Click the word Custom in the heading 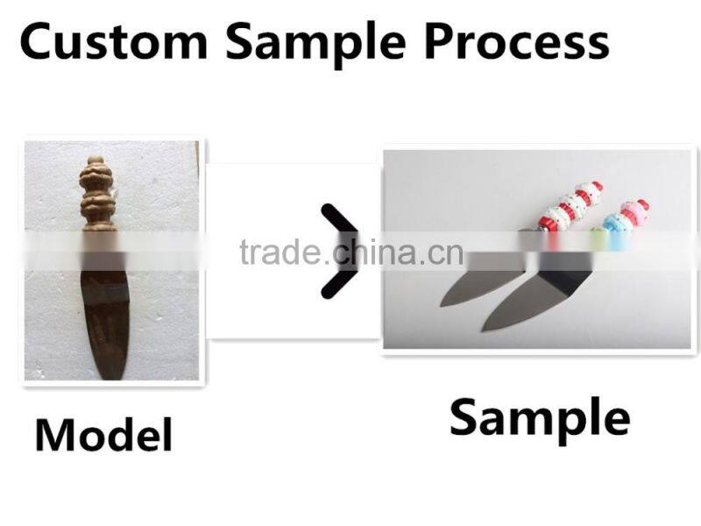coord(114,41)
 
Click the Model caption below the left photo coord(103,434)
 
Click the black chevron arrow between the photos coord(337,252)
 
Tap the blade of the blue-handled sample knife coord(526,302)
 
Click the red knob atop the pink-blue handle coord(643,207)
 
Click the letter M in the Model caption coord(54,434)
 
